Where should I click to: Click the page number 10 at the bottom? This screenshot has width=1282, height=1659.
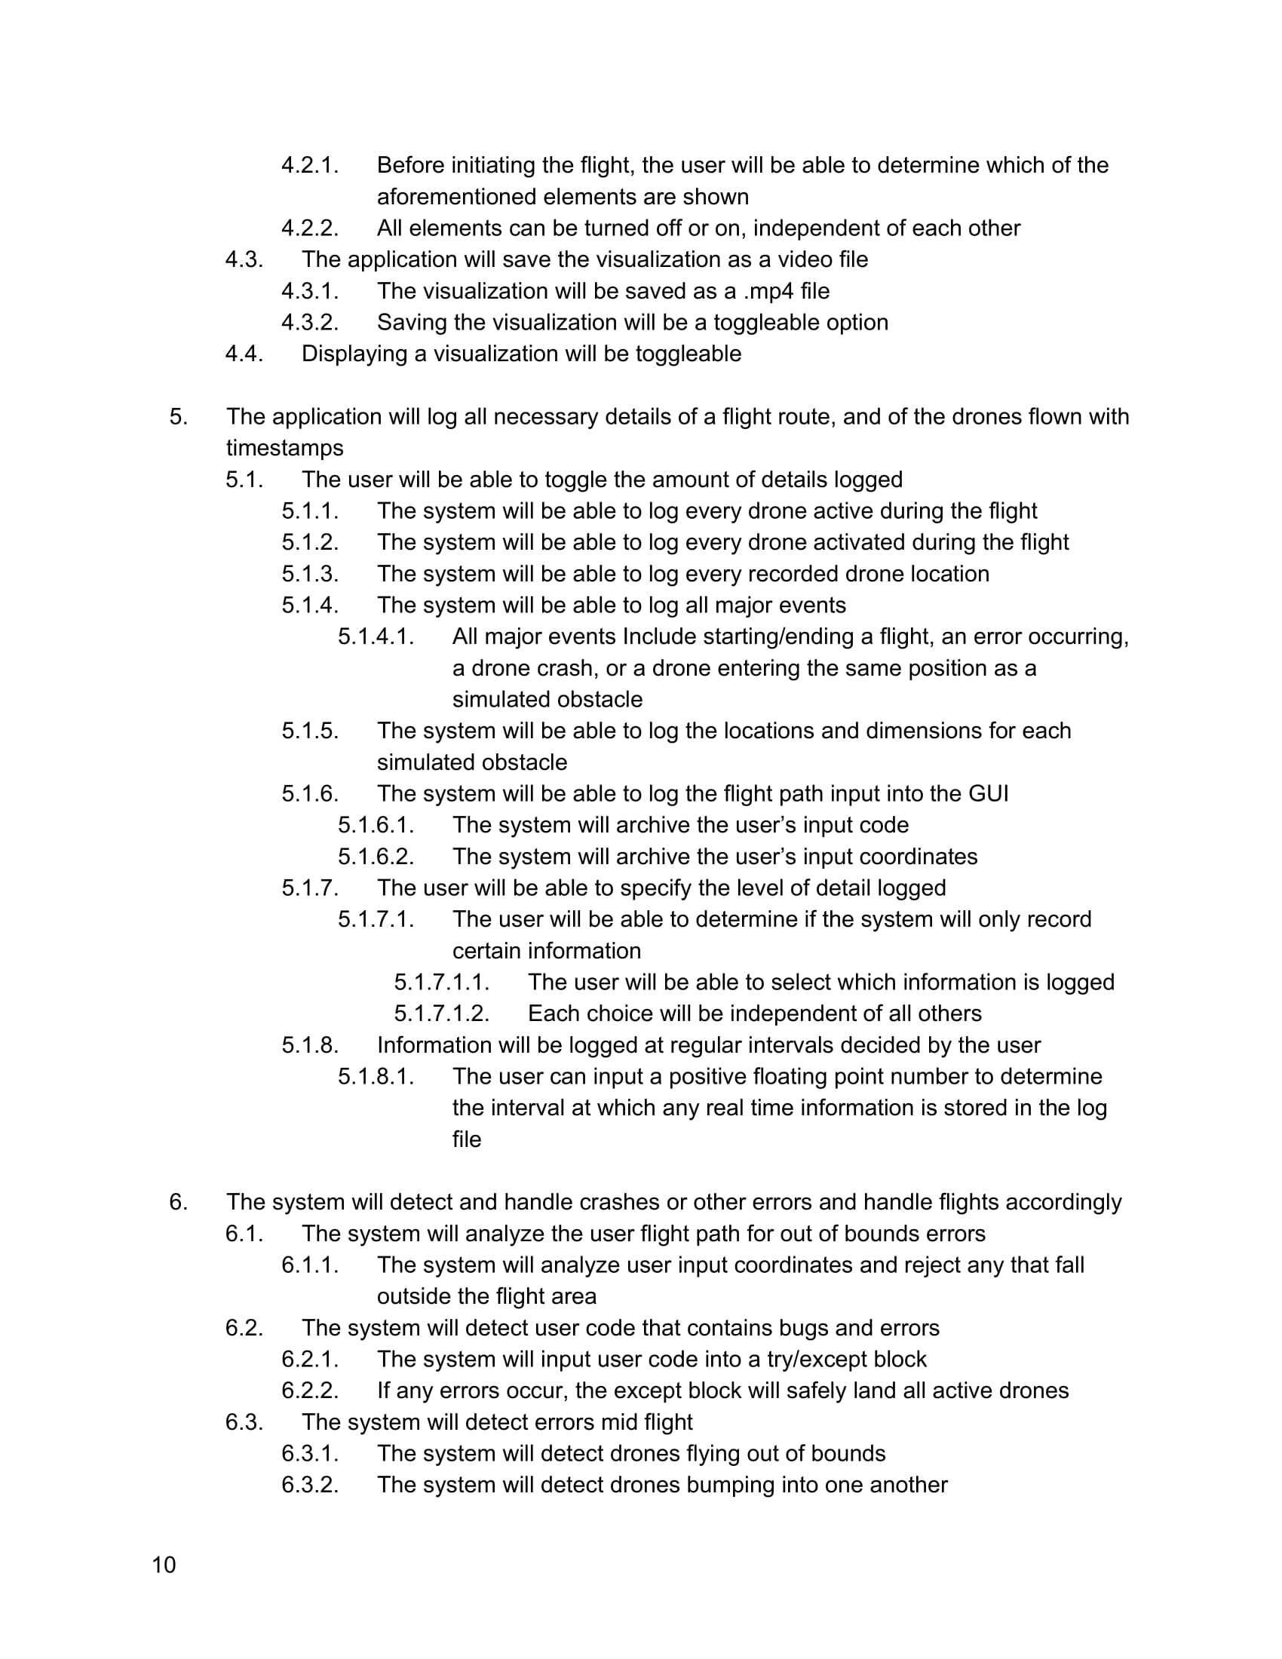tap(164, 1565)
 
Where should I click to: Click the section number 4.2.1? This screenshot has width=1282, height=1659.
tap(310, 165)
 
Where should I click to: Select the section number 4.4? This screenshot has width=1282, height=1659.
tap(244, 354)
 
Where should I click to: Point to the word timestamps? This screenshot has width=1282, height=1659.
tap(285, 448)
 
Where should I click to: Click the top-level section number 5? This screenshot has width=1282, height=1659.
tap(178, 417)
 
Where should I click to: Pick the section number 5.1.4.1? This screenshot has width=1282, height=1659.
tap(376, 636)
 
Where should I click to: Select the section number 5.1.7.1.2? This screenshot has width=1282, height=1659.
tap(441, 1013)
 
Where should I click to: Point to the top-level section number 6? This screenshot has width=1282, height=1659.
tap(178, 1203)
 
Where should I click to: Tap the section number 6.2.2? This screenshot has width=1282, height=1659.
tap(310, 1391)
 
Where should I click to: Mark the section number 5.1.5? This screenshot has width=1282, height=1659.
tap(310, 731)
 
